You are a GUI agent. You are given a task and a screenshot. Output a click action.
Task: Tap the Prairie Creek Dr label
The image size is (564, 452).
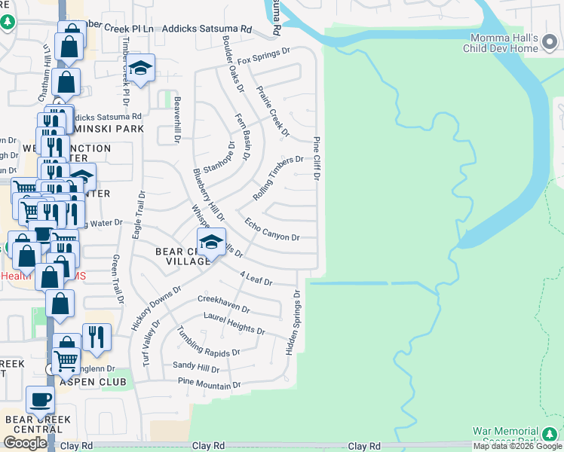273,111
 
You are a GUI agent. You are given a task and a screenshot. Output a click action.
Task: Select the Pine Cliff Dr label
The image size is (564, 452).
317,159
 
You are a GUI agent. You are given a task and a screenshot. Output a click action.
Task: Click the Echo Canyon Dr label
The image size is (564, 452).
272,229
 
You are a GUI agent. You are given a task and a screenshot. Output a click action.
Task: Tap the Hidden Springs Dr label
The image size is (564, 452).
293,323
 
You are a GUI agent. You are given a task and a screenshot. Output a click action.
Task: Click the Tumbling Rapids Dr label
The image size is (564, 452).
208,343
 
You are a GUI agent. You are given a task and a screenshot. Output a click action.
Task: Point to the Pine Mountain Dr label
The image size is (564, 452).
209,385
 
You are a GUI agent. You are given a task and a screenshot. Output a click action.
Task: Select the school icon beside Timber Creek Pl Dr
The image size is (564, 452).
140,69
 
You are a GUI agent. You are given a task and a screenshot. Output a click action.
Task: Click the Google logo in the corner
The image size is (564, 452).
25,443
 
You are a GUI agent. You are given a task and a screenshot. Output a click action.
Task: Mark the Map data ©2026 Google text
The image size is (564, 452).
517,446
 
